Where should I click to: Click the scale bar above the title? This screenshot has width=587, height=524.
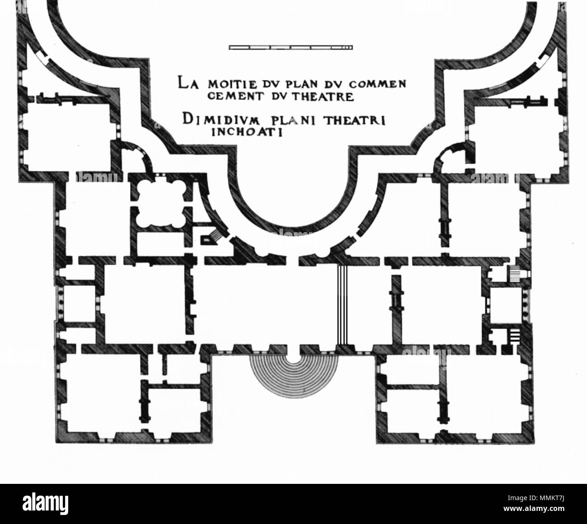point(291,47)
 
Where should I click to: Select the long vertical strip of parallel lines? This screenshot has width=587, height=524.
point(342,307)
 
